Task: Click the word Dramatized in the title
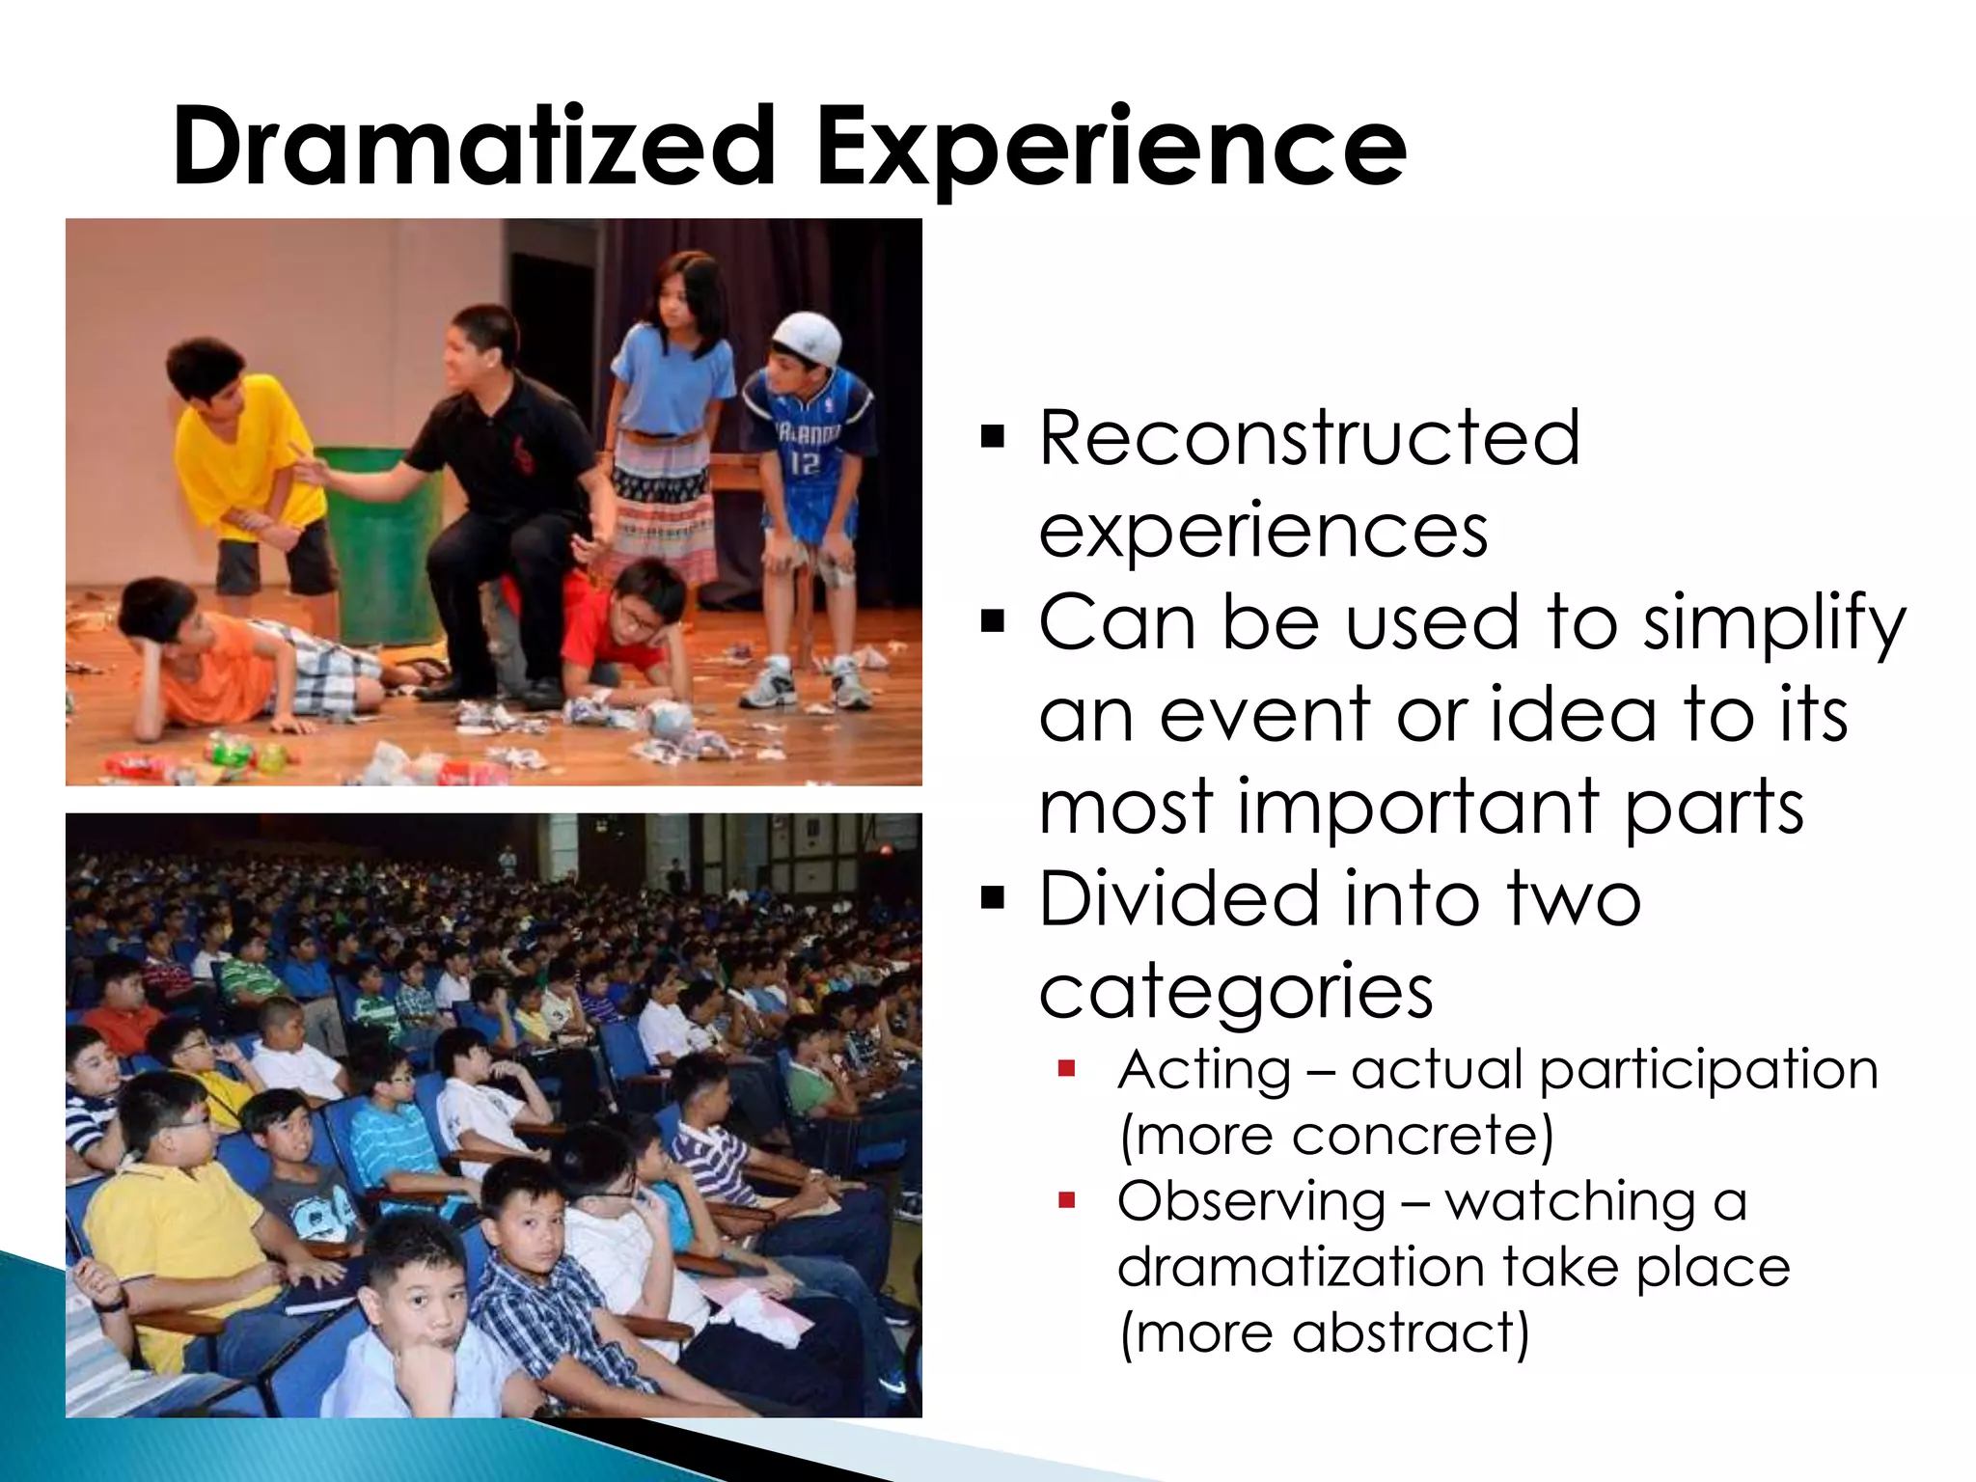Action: pos(474,147)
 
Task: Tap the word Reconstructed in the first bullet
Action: pos(1309,439)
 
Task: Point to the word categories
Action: pos(1236,992)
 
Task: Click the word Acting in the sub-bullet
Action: pos(1204,1070)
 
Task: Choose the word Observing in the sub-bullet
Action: pos(1251,1202)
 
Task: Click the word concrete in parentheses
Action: pos(1414,1135)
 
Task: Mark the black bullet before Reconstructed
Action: pos(992,437)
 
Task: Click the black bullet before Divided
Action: pos(992,899)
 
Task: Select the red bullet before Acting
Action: pos(1066,1069)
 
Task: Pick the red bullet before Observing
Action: pos(1066,1201)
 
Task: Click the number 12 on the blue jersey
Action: pos(804,464)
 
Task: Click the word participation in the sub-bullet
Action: pos(1709,1071)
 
